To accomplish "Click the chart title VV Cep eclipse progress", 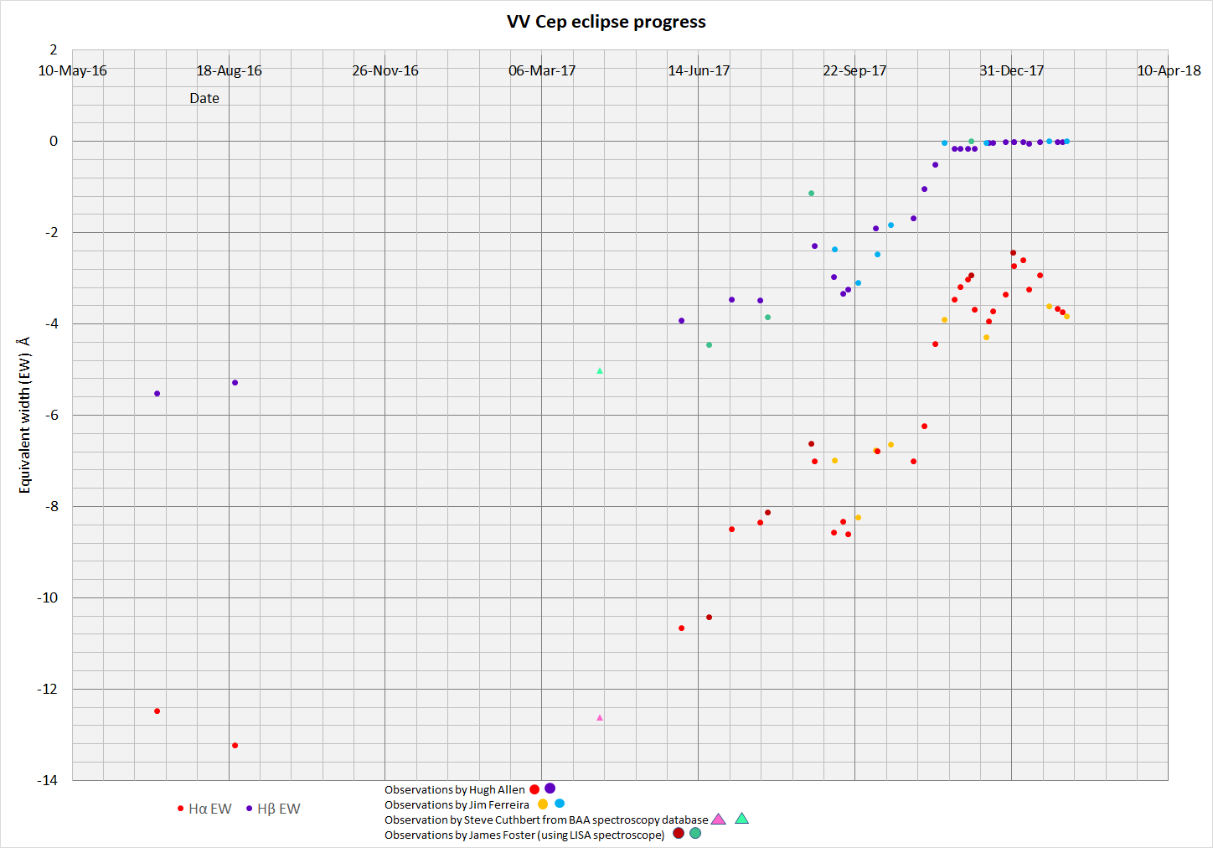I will click(x=606, y=22).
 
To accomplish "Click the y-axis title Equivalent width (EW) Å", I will click(x=24, y=415).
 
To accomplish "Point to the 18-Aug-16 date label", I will click(x=229, y=70).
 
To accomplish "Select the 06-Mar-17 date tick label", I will click(x=542, y=70).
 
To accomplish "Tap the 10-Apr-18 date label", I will click(x=1169, y=70).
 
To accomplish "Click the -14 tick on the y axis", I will click(x=47, y=780).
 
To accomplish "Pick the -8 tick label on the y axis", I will click(x=50, y=506).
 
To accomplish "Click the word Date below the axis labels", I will click(x=204, y=98).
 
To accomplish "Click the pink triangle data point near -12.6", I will click(x=599, y=717).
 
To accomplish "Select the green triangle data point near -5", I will click(x=599, y=370).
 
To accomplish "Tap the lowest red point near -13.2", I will click(x=235, y=745).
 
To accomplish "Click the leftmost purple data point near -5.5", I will click(x=157, y=393).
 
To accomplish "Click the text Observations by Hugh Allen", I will click(x=455, y=789).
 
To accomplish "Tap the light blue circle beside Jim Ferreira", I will click(x=560, y=804).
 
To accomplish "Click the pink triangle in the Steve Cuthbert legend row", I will click(x=718, y=820).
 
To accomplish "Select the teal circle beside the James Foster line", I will click(x=695, y=834).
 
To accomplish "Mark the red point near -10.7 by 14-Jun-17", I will click(x=681, y=628).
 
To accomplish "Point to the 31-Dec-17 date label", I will click(x=1011, y=70).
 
